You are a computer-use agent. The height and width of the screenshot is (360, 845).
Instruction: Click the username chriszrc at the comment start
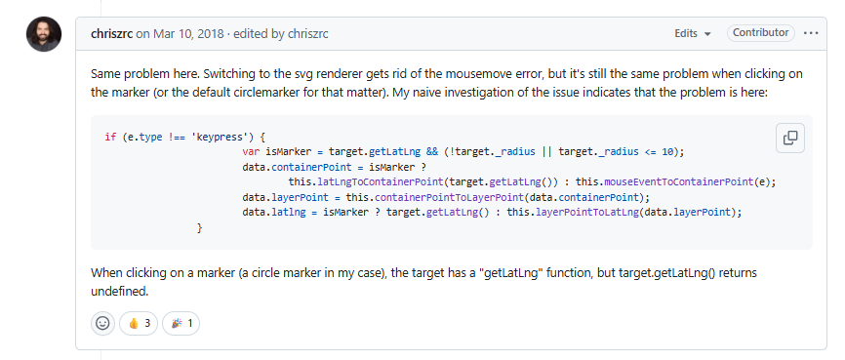point(111,34)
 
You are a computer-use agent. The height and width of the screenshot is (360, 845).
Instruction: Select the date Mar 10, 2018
point(181,34)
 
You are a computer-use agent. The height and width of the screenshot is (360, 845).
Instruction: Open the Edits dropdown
point(692,34)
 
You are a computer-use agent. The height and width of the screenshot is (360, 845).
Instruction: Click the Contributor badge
point(760,33)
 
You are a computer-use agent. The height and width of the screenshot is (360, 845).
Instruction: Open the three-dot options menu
point(811,33)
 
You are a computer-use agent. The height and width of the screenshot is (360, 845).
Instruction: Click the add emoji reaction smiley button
point(102,323)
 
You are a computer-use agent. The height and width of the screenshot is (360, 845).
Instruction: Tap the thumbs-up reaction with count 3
point(139,323)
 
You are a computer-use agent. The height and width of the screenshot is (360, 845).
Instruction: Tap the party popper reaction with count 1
point(181,323)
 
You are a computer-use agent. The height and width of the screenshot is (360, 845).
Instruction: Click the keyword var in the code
point(251,151)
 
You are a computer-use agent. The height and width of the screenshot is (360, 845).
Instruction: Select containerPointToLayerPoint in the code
point(417,197)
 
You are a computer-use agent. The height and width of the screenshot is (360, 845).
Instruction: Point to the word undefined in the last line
point(121,290)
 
